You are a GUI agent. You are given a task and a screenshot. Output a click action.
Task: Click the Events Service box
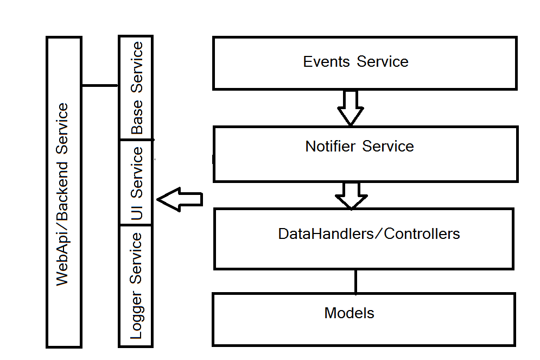[x=364, y=63]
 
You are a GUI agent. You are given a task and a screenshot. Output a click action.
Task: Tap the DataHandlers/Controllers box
[x=364, y=239]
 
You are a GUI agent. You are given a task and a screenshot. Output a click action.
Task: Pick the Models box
[x=364, y=319]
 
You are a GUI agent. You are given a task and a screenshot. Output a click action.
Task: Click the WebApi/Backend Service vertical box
[x=64, y=192]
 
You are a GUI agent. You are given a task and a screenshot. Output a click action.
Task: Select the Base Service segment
[x=136, y=87]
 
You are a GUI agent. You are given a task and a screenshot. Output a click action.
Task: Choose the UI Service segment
[x=136, y=182]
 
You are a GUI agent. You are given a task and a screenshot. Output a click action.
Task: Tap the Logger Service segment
[x=136, y=286]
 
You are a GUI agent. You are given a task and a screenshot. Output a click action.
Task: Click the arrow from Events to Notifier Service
[x=351, y=108]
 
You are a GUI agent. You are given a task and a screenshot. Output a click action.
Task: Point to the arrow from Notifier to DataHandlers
[x=351, y=195]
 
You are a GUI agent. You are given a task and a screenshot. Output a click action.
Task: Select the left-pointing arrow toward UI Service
[x=179, y=199]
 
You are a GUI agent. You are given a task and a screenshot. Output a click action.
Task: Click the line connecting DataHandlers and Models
[x=355, y=281]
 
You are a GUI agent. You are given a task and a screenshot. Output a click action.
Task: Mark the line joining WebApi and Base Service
[x=100, y=85]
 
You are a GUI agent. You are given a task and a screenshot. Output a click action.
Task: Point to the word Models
[x=349, y=313]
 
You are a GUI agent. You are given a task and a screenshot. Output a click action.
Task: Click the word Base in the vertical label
[x=136, y=117]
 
